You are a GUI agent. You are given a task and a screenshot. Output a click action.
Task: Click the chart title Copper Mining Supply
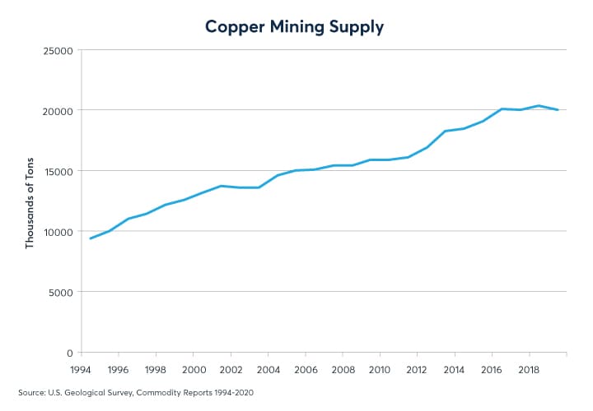[296, 27]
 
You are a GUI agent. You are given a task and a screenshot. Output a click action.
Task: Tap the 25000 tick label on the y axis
[58, 51]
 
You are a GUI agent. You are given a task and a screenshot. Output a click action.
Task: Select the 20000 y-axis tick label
[58, 111]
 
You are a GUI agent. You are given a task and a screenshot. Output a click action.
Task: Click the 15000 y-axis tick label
[58, 171]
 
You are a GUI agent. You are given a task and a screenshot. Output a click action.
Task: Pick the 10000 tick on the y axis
[58, 232]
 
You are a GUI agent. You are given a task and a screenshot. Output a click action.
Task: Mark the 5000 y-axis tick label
[62, 292]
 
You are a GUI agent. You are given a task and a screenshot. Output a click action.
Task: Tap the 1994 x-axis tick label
[81, 370]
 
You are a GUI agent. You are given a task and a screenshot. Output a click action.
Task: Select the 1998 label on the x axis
[156, 370]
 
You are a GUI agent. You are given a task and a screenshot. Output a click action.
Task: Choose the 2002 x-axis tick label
[230, 370]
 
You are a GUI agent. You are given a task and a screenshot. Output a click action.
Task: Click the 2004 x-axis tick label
[267, 370]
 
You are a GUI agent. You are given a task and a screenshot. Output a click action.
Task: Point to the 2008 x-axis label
[342, 370]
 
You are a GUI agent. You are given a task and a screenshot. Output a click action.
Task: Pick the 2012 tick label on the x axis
[416, 370]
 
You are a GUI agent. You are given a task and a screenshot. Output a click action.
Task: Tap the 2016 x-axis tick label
[491, 370]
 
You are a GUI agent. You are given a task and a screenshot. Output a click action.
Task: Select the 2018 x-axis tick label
[528, 370]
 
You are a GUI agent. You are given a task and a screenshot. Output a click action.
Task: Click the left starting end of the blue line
[91, 238]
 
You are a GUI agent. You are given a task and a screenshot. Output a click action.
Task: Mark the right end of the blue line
[558, 110]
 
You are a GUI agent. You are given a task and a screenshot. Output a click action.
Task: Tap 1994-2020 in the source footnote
[230, 393]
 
